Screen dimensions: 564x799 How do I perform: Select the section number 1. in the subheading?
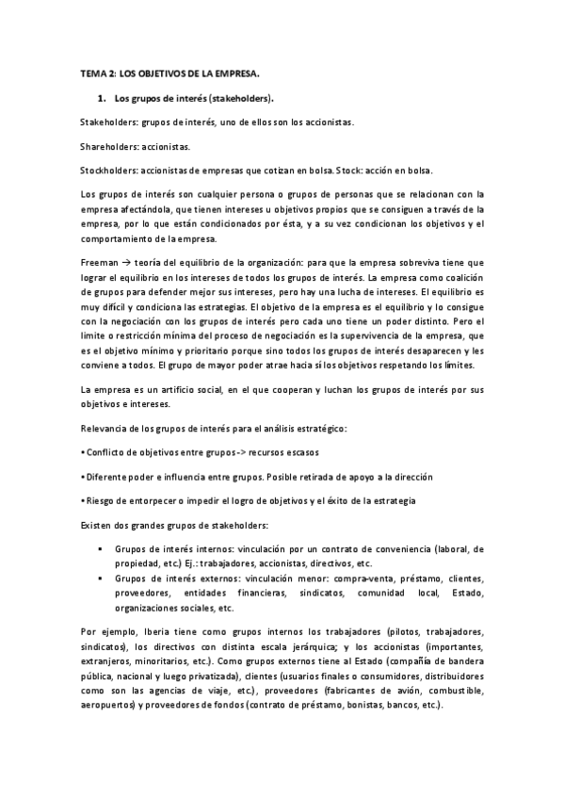[x=103, y=98]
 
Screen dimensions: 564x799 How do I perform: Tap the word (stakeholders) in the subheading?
[x=243, y=98]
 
